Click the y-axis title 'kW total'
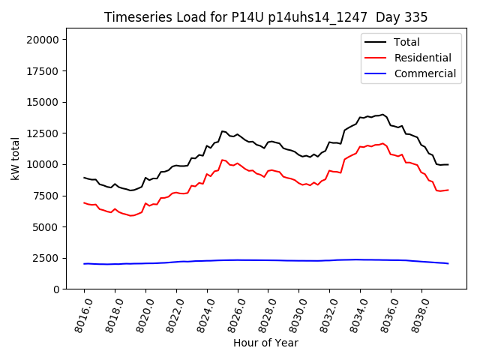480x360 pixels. coord(16,159)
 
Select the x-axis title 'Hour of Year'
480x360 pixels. coord(265,343)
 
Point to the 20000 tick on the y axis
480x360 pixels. coord(46,40)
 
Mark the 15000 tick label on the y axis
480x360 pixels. coord(46,102)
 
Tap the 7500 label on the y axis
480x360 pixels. coord(49,196)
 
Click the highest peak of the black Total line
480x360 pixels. coord(382,114)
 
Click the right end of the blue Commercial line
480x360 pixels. coord(448,263)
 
